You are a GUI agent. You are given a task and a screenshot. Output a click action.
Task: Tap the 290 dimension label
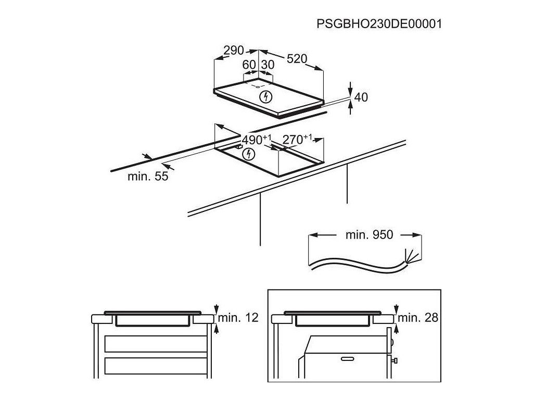click(x=234, y=51)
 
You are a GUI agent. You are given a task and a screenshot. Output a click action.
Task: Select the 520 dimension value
click(x=297, y=59)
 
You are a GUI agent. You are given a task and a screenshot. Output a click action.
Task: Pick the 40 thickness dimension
click(x=361, y=97)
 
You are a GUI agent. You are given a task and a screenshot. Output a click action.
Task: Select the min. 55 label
click(x=148, y=177)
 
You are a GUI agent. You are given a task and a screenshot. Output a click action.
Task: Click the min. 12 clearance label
click(x=238, y=318)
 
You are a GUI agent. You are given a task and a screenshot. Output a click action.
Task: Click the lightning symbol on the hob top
click(x=265, y=96)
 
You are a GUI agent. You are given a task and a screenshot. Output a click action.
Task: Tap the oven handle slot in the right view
click(x=346, y=358)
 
